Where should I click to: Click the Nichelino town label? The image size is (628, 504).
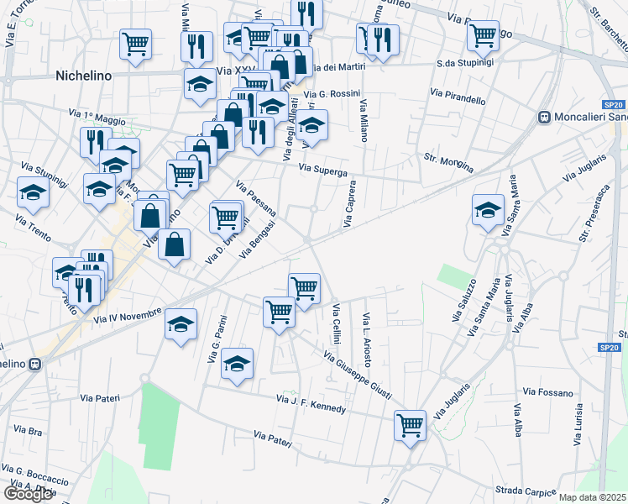pos(83,76)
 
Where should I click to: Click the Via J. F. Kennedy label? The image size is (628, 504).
pos(311,402)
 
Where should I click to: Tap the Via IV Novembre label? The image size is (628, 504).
pos(128,316)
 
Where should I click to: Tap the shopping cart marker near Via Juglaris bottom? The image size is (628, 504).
pos(410,425)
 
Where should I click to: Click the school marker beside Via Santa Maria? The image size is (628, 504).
pos(488,210)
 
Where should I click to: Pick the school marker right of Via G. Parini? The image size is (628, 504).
pos(238,363)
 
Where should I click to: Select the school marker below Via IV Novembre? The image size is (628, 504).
pos(181,325)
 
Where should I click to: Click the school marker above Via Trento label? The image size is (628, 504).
pos(33,192)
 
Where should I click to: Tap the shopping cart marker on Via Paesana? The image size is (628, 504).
pos(226,216)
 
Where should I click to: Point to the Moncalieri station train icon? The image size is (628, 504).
pos(544,118)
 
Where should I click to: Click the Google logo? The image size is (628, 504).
pos(29,494)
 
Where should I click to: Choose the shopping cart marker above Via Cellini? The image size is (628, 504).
pos(304,287)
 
